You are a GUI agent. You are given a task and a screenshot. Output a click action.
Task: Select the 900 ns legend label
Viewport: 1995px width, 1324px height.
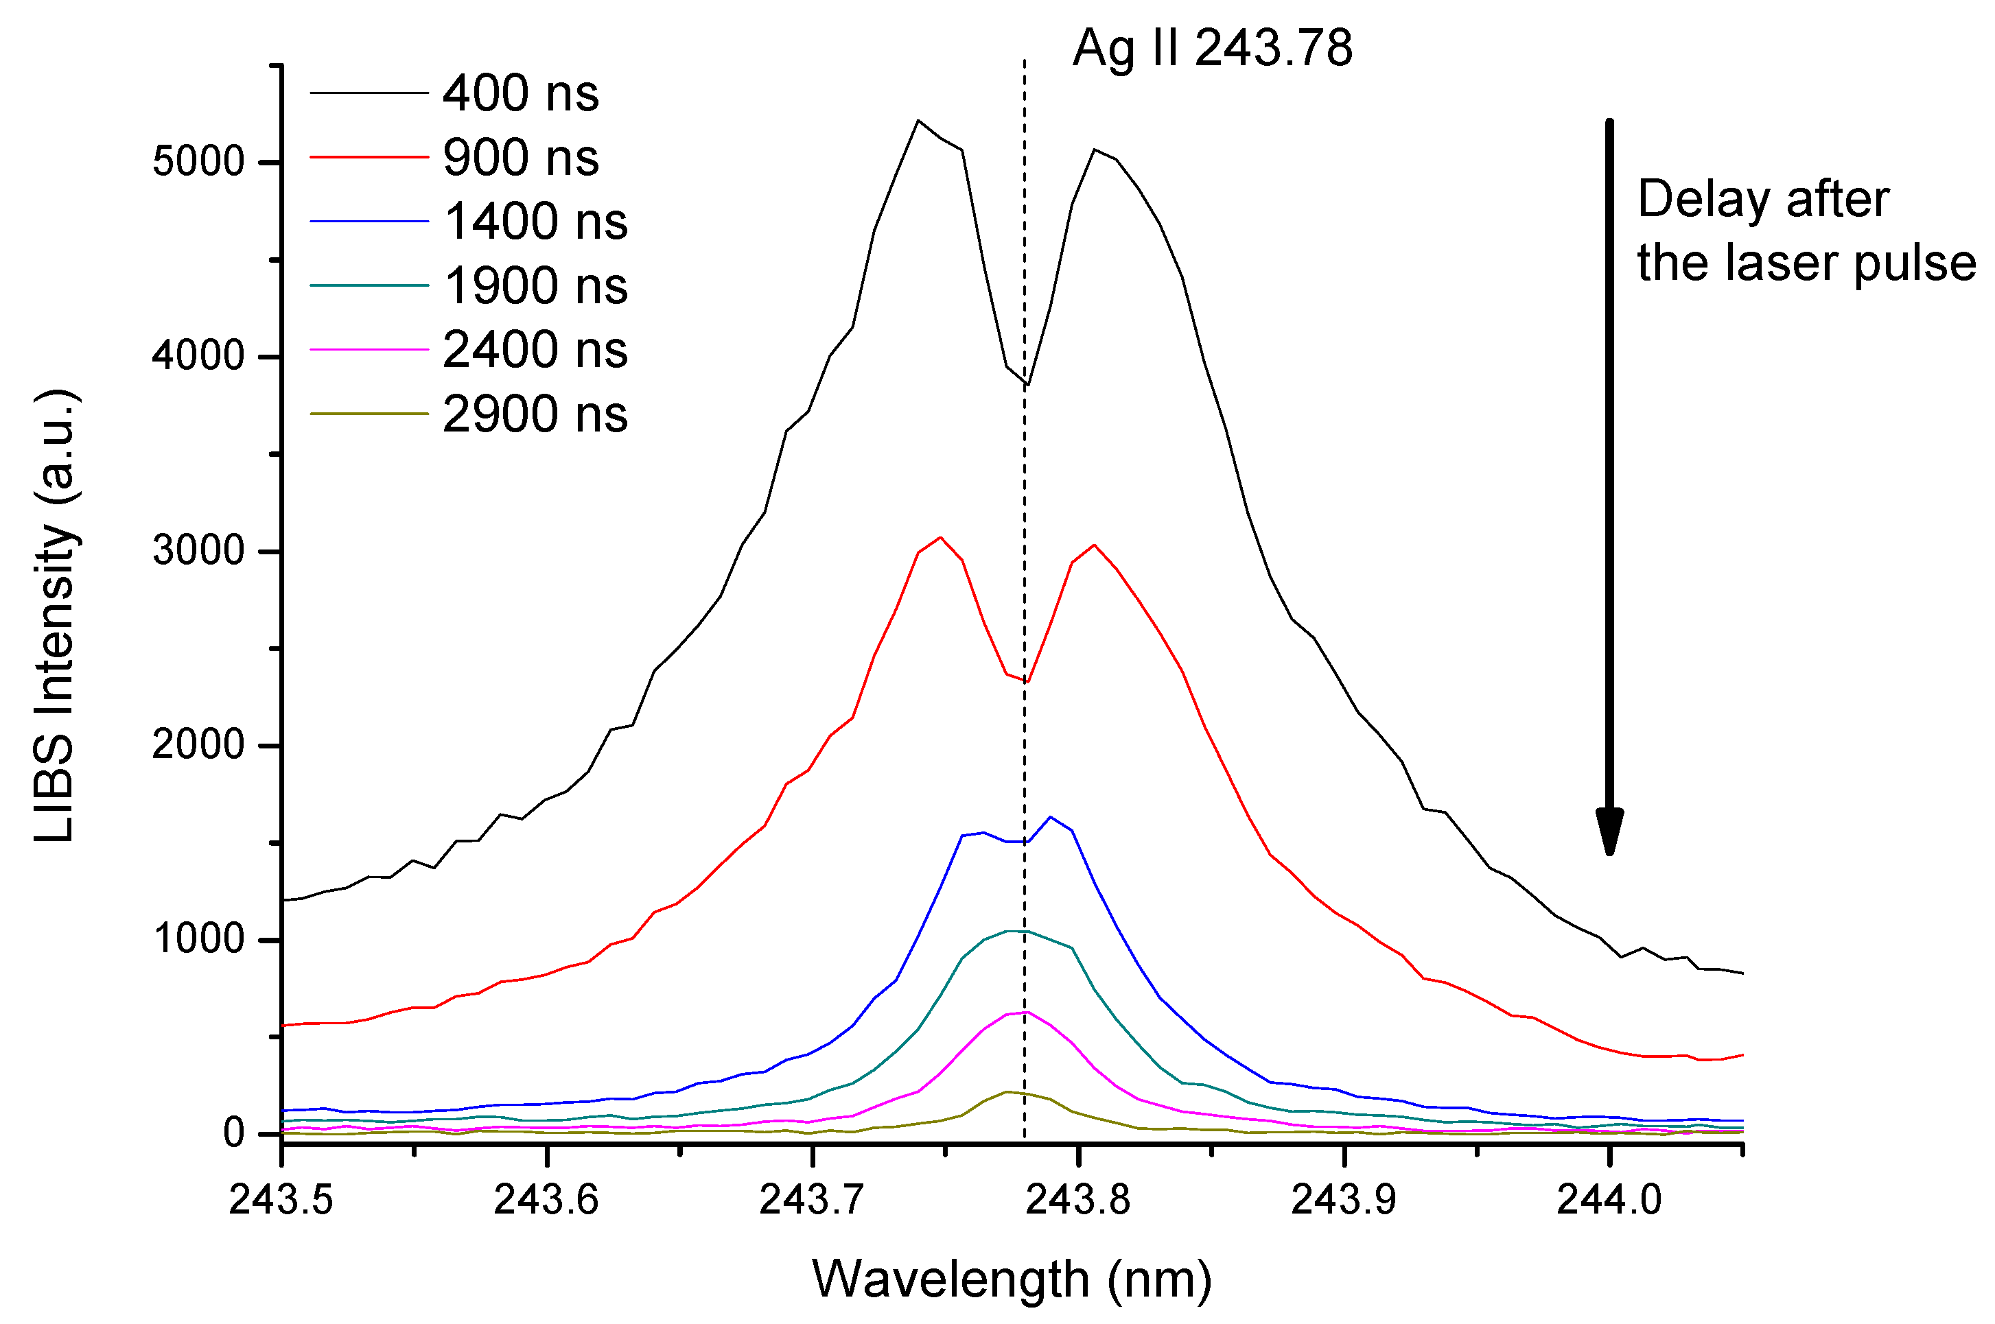520,158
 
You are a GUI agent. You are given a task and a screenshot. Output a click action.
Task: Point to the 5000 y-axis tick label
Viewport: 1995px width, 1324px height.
198,161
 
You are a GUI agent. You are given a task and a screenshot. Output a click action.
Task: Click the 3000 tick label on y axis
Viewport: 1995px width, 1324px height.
198,552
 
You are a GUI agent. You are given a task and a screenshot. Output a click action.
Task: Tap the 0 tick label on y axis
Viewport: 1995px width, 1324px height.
233,1133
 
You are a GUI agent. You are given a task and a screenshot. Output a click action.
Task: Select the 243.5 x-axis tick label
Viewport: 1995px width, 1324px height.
281,1200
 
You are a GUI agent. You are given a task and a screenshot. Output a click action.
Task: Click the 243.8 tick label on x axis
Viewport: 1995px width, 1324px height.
1077,1200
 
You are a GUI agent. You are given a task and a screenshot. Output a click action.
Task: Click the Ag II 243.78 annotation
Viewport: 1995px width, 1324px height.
1212,48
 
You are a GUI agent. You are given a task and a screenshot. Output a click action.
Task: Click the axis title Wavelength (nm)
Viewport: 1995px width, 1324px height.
1011,1279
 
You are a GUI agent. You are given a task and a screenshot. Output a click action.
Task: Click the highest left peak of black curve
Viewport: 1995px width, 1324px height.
918,121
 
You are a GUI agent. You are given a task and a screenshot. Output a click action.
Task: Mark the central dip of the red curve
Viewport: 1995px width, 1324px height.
1026,683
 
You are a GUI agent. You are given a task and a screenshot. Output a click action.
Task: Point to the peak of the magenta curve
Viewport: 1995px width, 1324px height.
1025,1012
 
